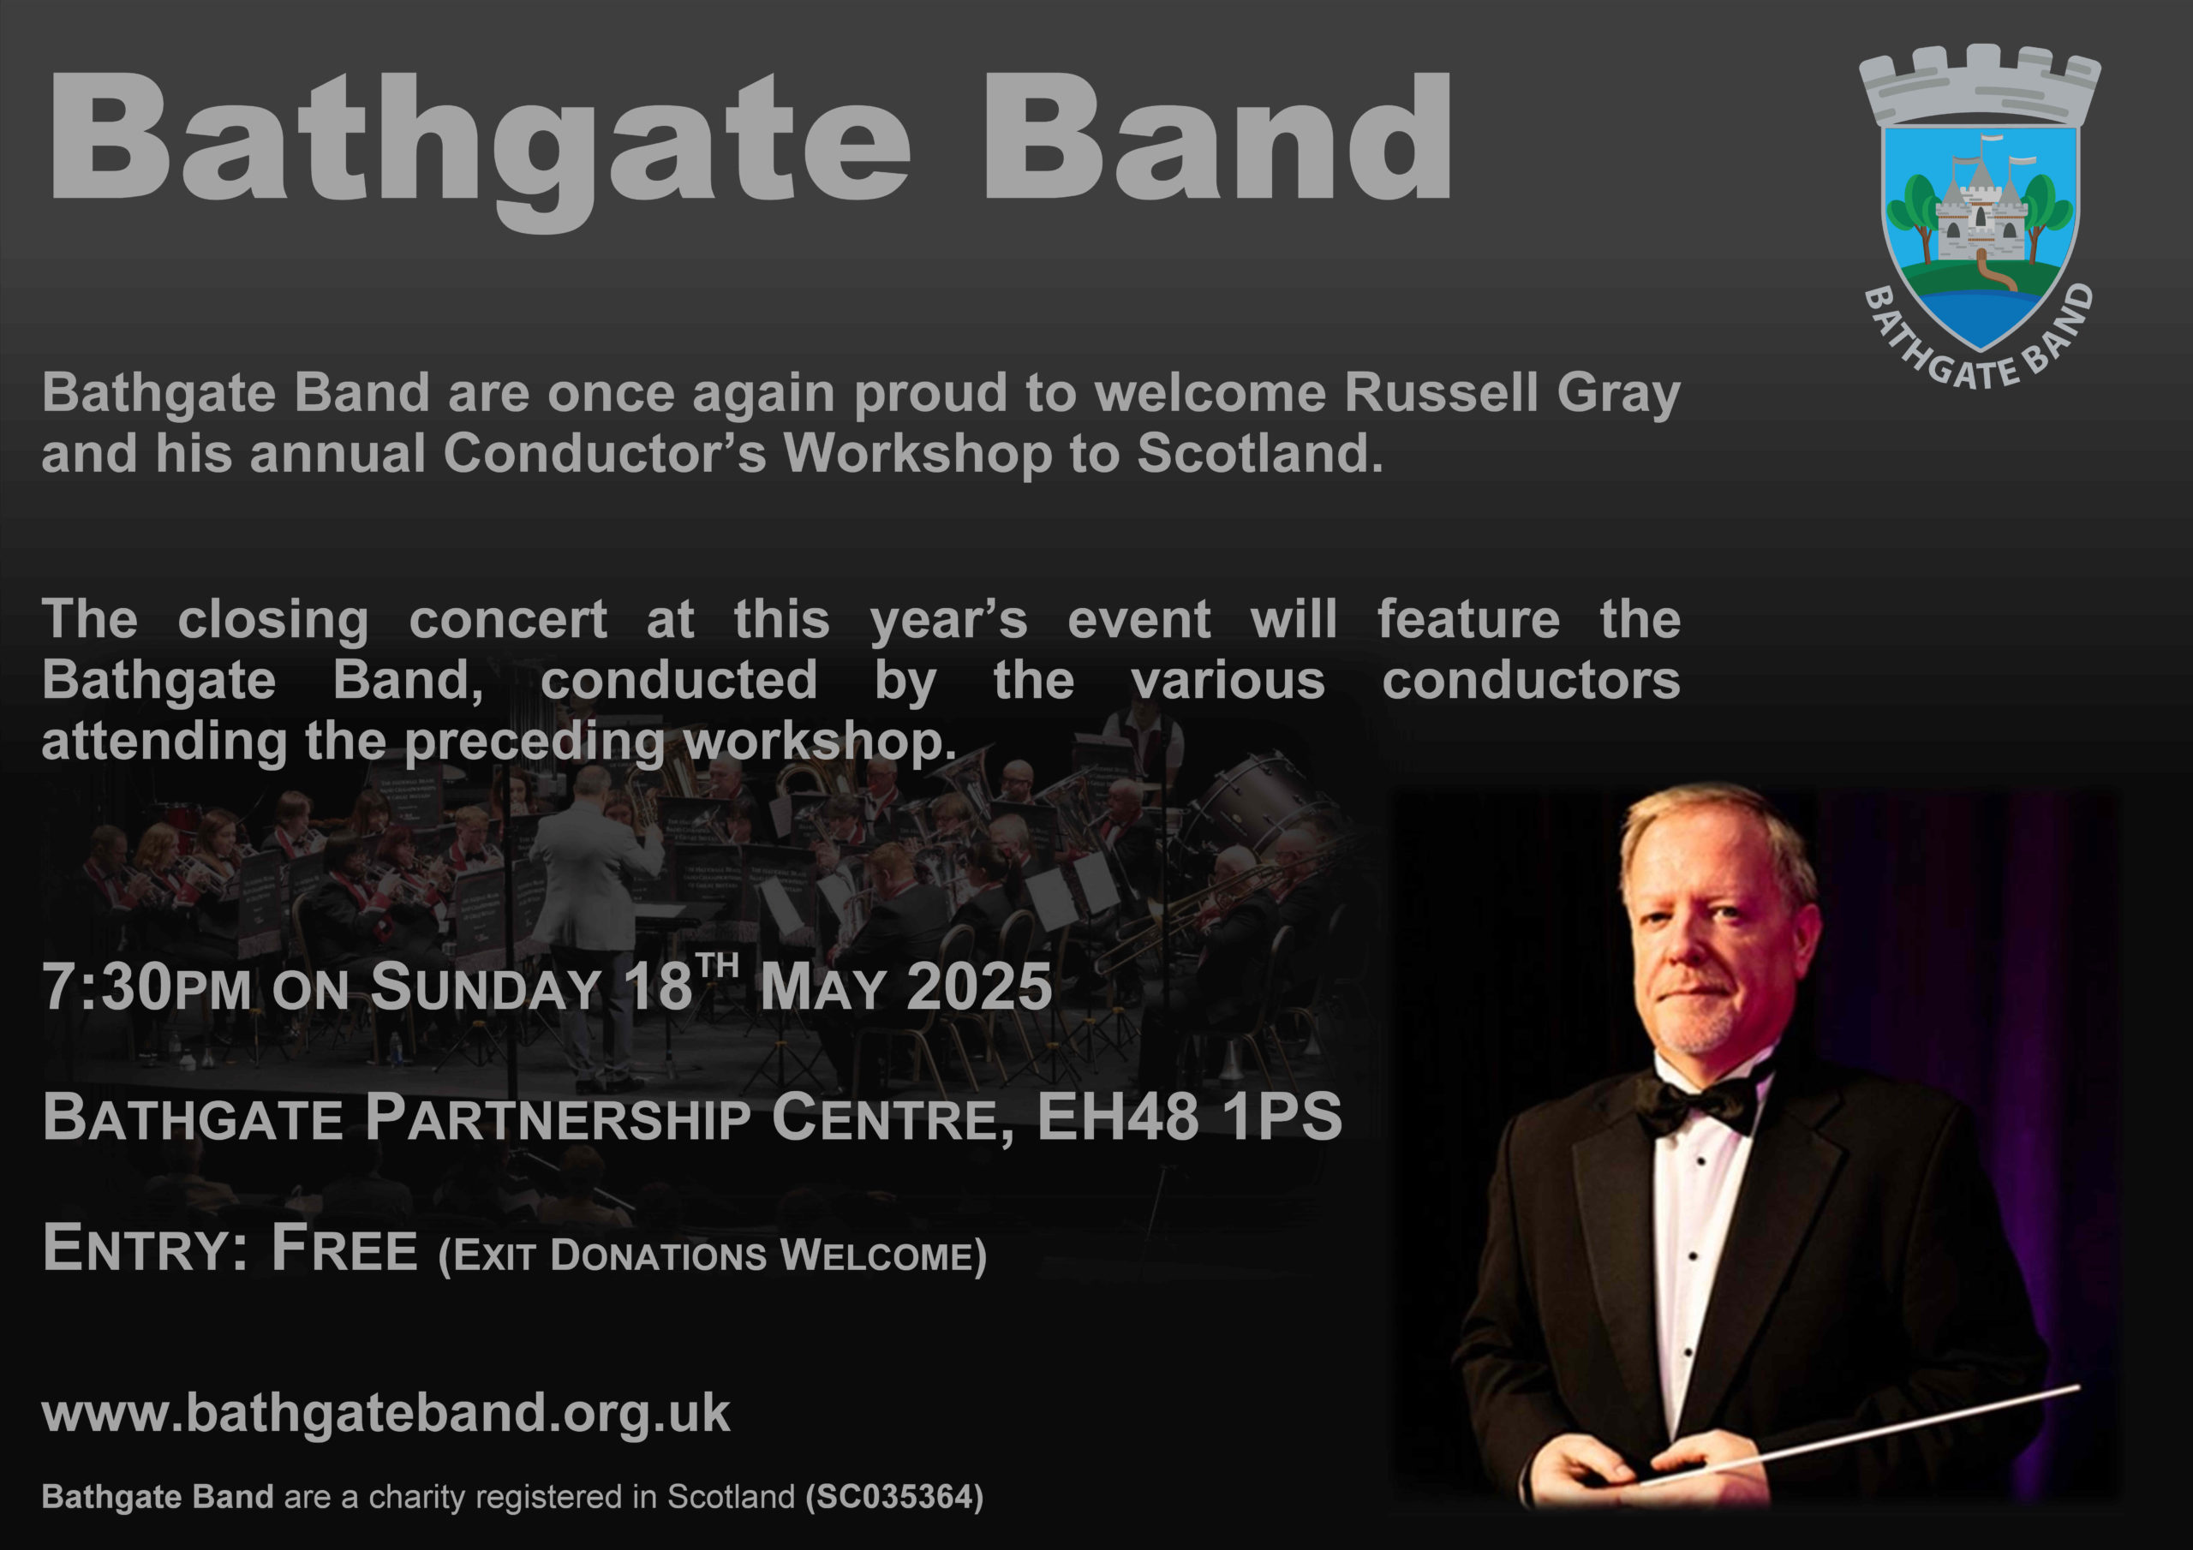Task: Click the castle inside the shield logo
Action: tap(1980, 215)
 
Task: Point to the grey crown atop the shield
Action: tap(1980, 86)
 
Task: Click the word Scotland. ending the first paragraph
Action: tap(1259, 455)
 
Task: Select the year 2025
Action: tap(979, 987)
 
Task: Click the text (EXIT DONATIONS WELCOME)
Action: tap(712, 1256)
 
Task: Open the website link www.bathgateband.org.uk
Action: tap(385, 1414)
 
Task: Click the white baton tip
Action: tap(2073, 1387)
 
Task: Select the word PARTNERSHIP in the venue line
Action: tap(558, 1118)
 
